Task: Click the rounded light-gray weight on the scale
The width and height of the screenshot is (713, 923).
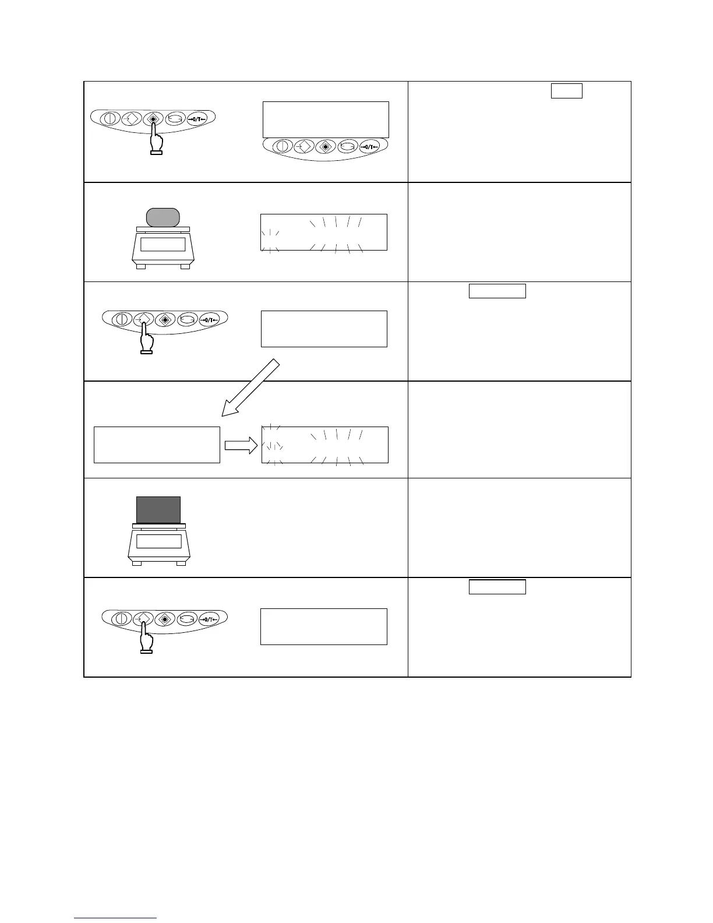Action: (163, 217)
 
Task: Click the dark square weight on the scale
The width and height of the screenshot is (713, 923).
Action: (158, 510)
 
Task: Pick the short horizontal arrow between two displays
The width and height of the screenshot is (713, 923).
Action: (240, 445)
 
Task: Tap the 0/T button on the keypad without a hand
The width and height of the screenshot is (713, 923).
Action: (373, 146)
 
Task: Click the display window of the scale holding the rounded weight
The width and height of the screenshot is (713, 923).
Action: (163, 244)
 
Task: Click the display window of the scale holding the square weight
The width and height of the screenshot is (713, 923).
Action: (158, 541)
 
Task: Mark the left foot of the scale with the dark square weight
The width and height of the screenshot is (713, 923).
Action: (137, 563)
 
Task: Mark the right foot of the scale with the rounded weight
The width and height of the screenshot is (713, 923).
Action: (185, 267)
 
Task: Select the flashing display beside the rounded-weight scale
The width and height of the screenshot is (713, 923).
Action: (324, 232)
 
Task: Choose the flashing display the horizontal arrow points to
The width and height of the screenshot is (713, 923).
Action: (325, 445)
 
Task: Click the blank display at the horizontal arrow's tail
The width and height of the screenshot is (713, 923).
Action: (157, 445)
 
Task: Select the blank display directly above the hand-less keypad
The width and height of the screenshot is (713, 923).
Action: (326, 119)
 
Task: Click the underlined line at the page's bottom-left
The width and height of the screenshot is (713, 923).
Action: (115, 918)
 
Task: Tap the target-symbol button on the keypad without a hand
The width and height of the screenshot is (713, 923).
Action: (326, 146)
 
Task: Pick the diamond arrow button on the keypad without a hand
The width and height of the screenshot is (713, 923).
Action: (303, 146)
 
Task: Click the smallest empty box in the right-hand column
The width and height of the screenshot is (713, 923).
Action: (566, 91)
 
